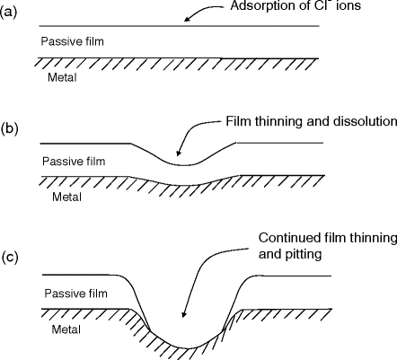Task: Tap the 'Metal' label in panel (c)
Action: click(x=62, y=329)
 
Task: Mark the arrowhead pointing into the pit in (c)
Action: click(x=182, y=316)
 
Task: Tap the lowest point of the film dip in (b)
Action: click(x=184, y=165)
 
